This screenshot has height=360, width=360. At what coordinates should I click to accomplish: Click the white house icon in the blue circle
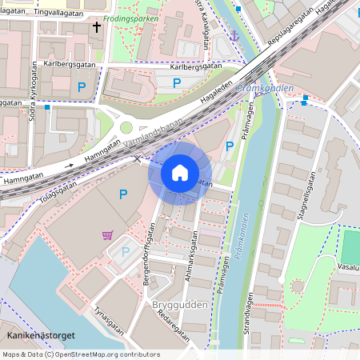[180, 172]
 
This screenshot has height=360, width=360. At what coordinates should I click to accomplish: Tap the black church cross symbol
[97, 27]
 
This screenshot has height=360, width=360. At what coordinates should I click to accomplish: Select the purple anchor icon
[234, 35]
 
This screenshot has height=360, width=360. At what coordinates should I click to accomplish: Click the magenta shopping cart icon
[107, 234]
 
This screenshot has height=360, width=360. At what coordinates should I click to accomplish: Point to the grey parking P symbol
[125, 252]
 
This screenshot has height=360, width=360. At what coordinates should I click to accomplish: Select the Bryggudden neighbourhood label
[180, 305]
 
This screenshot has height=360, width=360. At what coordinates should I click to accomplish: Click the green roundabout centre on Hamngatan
[126, 127]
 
